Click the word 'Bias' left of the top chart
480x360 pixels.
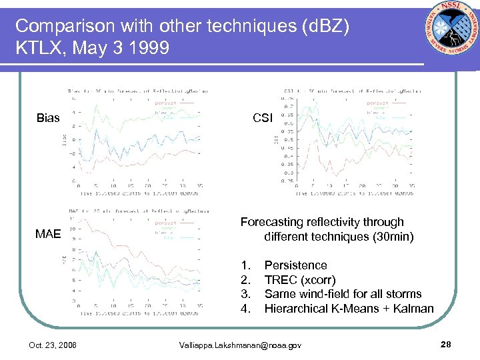tap(48, 119)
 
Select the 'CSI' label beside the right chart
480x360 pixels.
tap(263, 119)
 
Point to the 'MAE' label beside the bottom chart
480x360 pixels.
tap(49, 234)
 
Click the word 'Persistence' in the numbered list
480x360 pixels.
tap(295, 265)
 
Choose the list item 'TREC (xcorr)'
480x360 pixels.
tap(300, 280)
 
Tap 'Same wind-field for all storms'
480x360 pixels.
tap(343, 294)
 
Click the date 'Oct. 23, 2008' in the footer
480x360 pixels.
tap(53, 345)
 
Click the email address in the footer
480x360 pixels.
tap(240, 345)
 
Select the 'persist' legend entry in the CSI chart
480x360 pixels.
tap(377, 103)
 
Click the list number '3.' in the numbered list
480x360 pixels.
tap(245, 294)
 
